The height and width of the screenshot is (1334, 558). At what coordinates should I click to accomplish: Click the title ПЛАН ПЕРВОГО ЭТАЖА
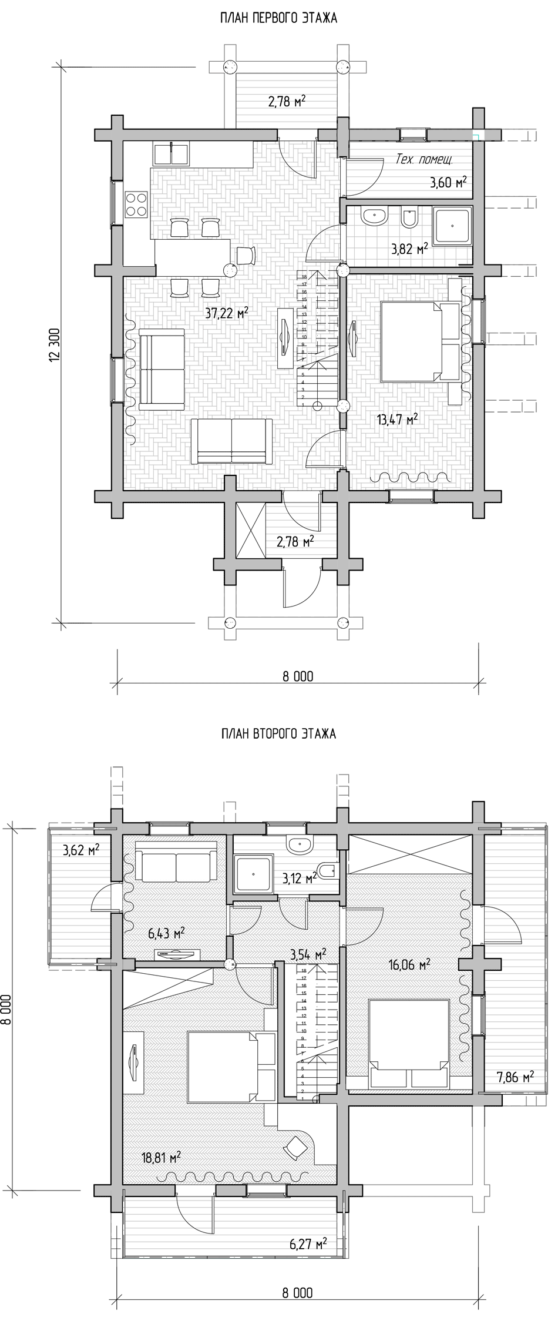click(278, 19)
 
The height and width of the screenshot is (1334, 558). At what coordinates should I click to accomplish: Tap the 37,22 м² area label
click(226, 314)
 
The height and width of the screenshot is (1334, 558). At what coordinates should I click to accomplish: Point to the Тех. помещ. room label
click(424, 160)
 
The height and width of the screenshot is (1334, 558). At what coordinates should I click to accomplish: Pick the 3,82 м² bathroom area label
click(409, 249)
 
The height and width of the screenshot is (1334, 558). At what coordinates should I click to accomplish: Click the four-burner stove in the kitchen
click(136, 205)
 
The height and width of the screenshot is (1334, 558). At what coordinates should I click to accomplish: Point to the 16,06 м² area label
click(410, 964)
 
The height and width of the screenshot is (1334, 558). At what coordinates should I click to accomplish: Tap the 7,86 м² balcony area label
click(515, 1076)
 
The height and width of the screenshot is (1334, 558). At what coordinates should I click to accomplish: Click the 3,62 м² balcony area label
click(80, 849)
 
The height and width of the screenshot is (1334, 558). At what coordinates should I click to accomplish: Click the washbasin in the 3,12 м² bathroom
click(300, 845)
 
